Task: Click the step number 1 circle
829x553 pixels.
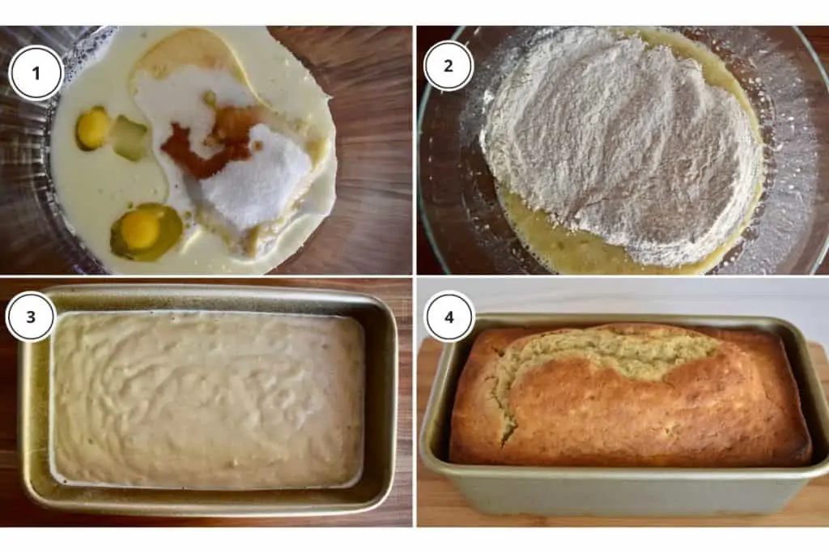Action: tap(36, 73)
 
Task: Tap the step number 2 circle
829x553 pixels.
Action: tap(448, 66)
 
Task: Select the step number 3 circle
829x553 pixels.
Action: tap(31, 316)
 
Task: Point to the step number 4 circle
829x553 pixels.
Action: tap(449, 316)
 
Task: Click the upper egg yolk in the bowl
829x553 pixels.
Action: tap(93, 127)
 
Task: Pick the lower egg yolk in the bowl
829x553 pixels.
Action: tap(140, 230)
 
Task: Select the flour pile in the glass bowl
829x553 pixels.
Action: tap(615, 138)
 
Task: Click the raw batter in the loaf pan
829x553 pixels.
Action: tap(206, 401)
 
